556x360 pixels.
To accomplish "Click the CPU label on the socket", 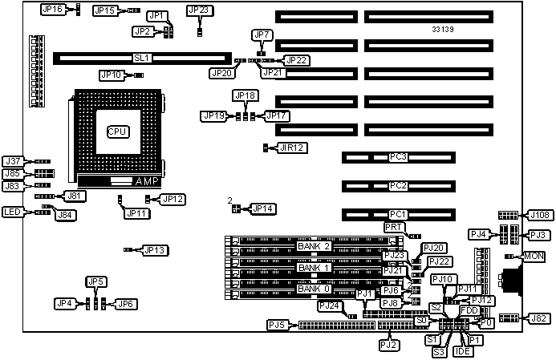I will [x=118, y=130].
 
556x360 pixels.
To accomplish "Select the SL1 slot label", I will [x=141, y=58].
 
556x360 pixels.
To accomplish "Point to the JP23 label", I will [x=199, y=10].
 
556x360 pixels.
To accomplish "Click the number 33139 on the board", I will [x=444, y=30].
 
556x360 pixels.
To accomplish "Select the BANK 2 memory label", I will [x=314, y=245].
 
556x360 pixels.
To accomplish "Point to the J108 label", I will [x=538, y=215].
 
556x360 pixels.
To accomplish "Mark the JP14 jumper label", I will [x=262, y=208].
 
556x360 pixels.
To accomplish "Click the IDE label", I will [x=462, y=351].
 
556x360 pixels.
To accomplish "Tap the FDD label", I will [x=469, y=309].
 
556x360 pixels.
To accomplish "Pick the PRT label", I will [x=394, y=228].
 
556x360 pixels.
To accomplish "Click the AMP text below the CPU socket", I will [x=148, y=182].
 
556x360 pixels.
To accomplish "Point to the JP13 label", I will [x=155, y=250].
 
